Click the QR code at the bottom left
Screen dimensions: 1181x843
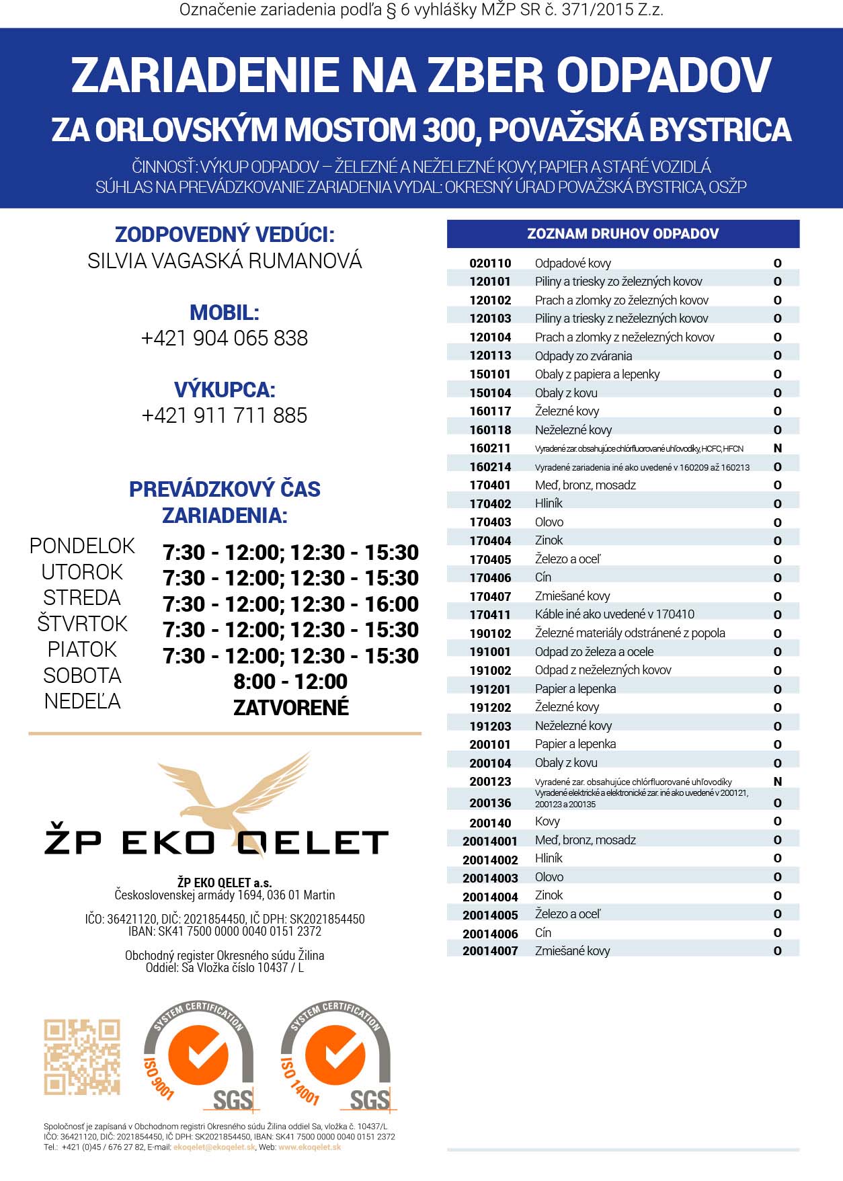pos(82,1057)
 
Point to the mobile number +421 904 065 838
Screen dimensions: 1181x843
pos(225,337)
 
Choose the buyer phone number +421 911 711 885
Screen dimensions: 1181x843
pos(225,415)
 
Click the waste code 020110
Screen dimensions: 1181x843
pos(490,263)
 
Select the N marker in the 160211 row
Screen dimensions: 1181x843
pos(778,448)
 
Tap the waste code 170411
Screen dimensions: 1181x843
pos(490,614)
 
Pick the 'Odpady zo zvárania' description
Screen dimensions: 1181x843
pos(583,356)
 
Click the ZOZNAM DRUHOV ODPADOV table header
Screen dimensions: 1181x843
pos(623,234)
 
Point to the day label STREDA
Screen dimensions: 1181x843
pos(82,598)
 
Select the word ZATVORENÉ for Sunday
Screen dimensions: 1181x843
pos(290,707)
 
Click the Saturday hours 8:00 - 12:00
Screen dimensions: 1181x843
pos(290,682)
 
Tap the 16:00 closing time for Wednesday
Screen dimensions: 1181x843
pos(391,604)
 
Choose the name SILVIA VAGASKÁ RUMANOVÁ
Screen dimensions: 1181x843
pos(225,261)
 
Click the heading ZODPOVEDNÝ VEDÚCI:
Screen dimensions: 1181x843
pos(225,235)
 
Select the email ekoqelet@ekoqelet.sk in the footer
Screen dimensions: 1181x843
pos(214,1147)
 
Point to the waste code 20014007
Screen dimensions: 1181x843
pos(490,951)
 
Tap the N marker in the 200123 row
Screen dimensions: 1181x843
pos(778,781)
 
